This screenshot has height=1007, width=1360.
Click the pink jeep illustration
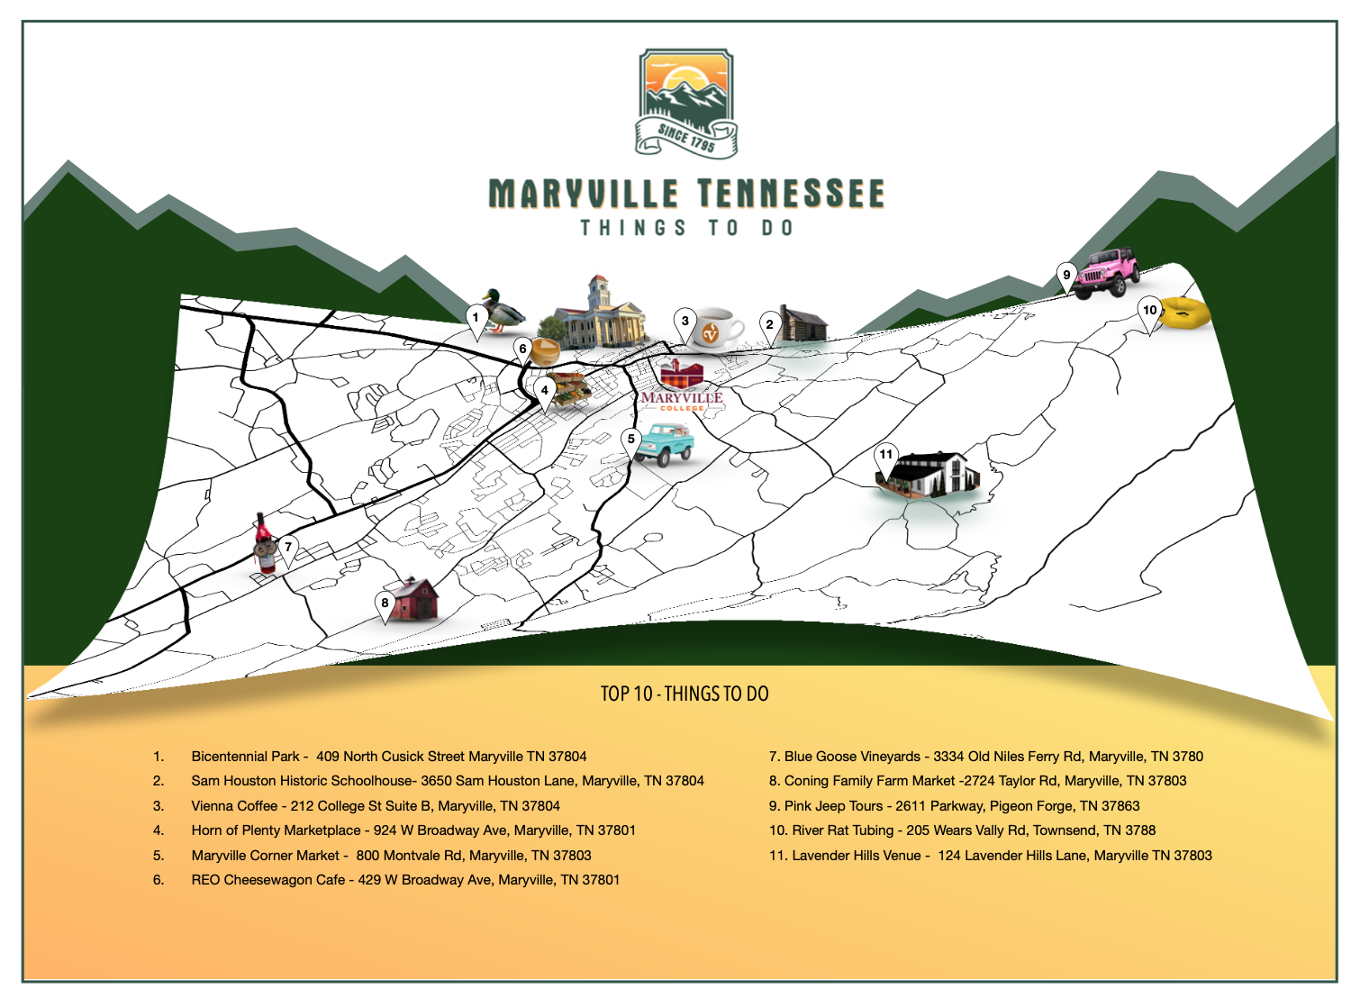click(x=1109, y=273)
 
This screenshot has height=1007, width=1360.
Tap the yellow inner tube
click(x=1184, y=313)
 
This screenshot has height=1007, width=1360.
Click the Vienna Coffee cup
click(x=716, y=330)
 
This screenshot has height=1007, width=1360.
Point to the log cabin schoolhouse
click(x=802, y=324)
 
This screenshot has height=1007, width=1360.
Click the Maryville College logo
click(x=682, y=386)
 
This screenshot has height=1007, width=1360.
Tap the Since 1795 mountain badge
click(x=686, y=102)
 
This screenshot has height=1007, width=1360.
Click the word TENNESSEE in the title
click(x=790, y=195)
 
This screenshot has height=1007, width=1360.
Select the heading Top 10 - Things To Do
click(x=685, y=694)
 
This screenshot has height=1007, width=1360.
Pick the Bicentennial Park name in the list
click(x=245, y=757)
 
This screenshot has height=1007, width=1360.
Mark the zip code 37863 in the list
click(x=1120, y=806)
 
